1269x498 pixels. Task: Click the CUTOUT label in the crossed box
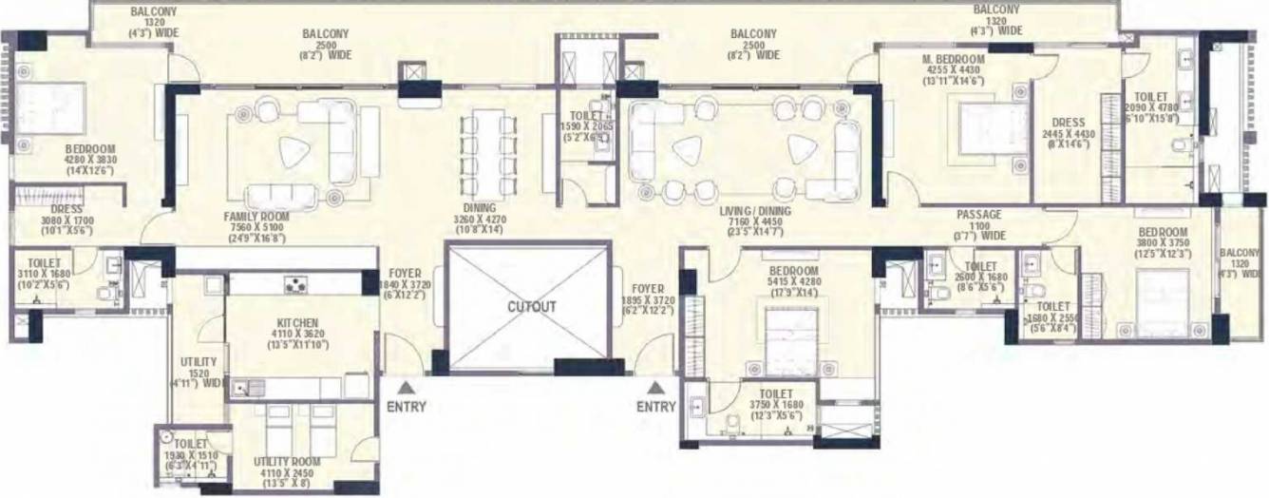pos(531,308)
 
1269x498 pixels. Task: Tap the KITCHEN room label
pos(297,323)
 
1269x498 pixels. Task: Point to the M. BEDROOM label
pos(954,59)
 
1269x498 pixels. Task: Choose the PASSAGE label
pos(980,215)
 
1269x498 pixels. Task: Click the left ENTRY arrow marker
pos(406,387)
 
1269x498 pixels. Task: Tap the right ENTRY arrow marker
pos(656,387)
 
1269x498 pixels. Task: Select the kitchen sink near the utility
pos(249,387)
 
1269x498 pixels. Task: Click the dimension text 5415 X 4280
pos(793,282)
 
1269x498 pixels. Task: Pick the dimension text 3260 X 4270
pos(473,218)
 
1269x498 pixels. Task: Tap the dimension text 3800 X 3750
pos(1163,242)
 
